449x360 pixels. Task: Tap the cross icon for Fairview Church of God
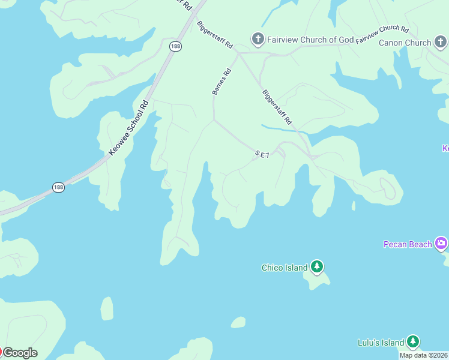258,40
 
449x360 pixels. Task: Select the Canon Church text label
405,43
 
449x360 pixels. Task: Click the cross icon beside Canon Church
441,43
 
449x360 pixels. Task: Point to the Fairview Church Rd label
382,35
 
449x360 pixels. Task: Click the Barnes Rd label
221,82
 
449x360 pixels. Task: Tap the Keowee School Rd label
128,128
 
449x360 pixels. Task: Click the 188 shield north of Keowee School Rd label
175,46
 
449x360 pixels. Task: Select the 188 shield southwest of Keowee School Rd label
58,187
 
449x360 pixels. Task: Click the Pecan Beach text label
408,244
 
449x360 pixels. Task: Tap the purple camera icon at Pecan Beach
442,243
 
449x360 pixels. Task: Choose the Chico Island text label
285,268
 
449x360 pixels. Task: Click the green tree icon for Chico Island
317,267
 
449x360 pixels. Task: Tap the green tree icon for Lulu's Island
412,342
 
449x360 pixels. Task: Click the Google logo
20,353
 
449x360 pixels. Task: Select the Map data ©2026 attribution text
424,355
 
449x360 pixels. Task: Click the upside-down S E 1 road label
262,155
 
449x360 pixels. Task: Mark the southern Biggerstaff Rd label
276,107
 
